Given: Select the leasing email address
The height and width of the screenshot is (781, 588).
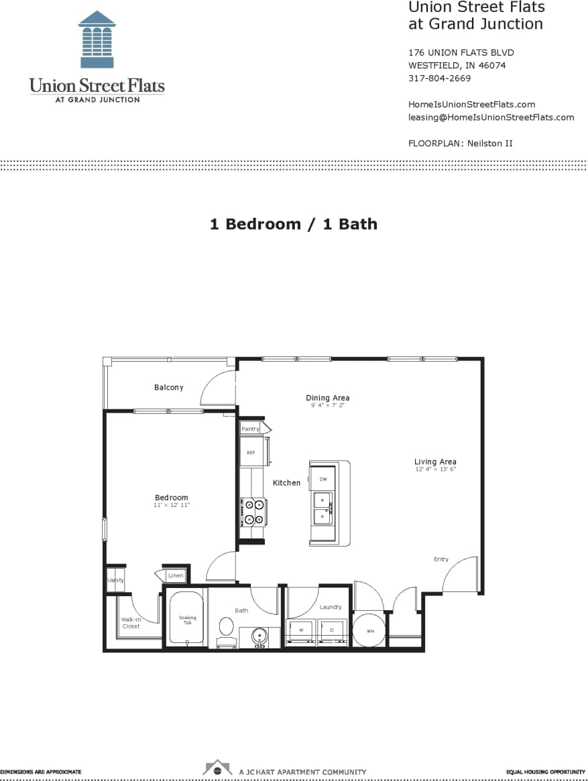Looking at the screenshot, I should (x=491, y=117).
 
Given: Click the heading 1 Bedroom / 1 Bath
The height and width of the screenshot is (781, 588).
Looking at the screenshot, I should (x=293, y=224).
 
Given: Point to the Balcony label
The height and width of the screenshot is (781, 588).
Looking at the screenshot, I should (x=168, y=387).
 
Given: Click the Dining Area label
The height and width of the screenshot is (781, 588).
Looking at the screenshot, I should (x=327, y=398).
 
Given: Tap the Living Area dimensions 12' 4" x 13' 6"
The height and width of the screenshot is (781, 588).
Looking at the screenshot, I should (x=435, y=470).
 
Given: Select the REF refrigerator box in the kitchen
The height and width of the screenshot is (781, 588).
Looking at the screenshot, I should (x=251, y=452).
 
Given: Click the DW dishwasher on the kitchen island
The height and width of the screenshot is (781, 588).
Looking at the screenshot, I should (x=322, y=479).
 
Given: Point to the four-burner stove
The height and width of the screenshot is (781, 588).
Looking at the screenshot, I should (x=254, y=512).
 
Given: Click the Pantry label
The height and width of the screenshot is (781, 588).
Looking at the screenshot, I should (x=250, y=429).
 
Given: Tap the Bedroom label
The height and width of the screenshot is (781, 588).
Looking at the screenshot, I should (x=172, y=497).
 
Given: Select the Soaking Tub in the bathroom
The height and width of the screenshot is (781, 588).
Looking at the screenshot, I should (x=187, y=620).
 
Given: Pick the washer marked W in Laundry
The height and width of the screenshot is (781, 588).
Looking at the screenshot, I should (x=301, y=630).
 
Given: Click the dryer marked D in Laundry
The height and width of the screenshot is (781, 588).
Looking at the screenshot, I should (x=332, y=630).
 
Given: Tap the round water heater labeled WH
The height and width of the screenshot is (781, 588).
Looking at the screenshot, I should (x=370, y=631).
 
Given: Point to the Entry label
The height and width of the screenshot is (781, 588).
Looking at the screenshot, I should (x=440, y=559).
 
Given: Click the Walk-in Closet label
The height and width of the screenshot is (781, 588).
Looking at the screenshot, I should (x=131, y=623).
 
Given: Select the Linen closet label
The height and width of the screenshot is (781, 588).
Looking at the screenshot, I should (x=175, y=575).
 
